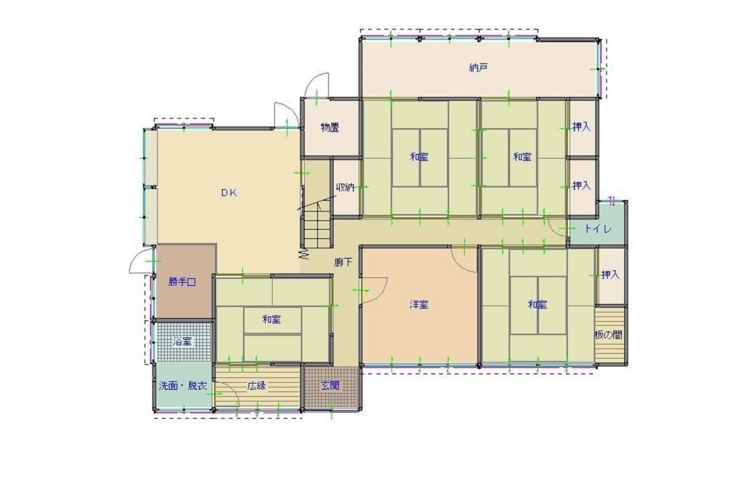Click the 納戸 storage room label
(478, 68)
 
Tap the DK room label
(229, 193)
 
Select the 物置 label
(330, 128)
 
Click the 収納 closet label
(345, 187)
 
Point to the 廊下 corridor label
(344, 262)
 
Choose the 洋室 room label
(419, 305)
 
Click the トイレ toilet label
(598, 229)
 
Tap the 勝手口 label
(182, 282)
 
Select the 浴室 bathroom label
(182, 341)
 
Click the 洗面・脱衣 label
(183, 386)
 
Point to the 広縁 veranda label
(257, 386)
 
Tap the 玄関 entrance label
(330, 386)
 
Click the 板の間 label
(609, 335)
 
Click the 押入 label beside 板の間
(610, 275)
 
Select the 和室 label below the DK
(272, 320)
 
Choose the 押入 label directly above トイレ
(581, 186)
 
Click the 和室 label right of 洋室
(537, 305)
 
